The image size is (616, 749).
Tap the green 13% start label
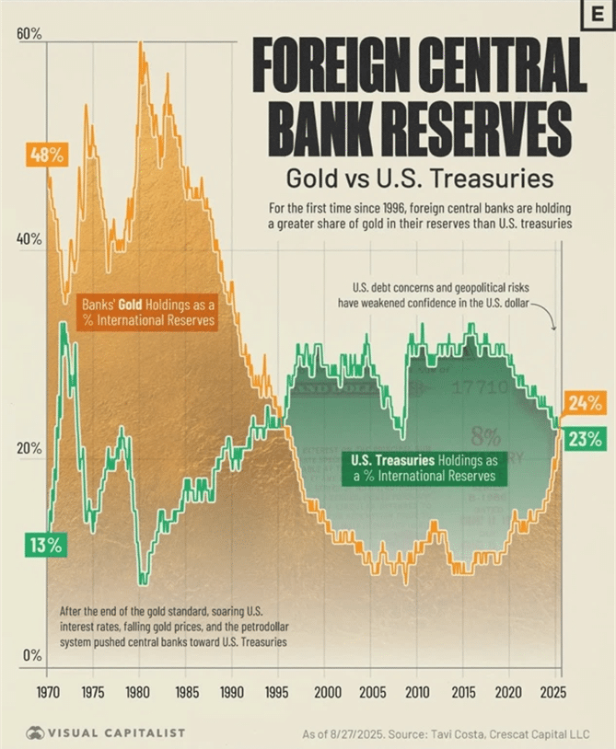(43, 545)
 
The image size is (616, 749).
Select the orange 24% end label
(584, 403)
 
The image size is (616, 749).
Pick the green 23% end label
(584, 438)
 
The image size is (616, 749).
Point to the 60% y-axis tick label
(29, 35)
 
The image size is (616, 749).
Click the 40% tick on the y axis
(29, 239)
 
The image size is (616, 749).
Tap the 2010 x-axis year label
(417, 691)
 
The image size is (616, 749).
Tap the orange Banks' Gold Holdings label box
(148, 312)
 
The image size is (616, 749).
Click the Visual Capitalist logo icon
(36, 732)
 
